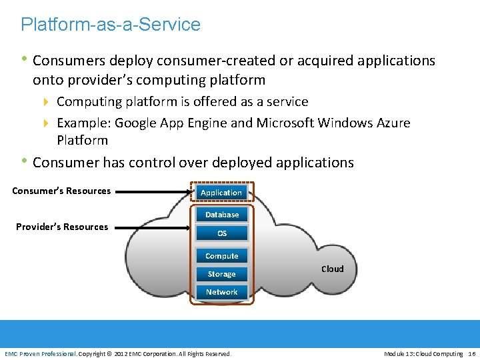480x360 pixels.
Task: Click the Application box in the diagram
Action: coord(221,193)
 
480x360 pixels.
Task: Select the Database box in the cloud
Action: coord(222,215)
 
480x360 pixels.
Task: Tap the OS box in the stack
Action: coord(222,233)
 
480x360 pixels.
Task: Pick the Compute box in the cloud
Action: coord(222,256)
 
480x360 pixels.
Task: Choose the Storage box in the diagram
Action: coord(221,274)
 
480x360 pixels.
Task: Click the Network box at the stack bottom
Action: coord(222,292)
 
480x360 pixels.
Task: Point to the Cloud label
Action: coord(333,269)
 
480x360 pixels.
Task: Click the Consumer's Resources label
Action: coord(61,191)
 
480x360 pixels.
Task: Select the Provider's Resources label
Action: coord(62,227)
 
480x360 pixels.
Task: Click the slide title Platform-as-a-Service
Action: coord(111,25)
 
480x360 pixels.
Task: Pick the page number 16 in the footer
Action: coord(472,353)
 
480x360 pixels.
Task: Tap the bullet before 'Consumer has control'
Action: coord(25,162)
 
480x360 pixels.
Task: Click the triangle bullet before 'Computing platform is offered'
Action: coord(47,102)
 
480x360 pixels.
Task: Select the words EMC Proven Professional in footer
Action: coord(41,353)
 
